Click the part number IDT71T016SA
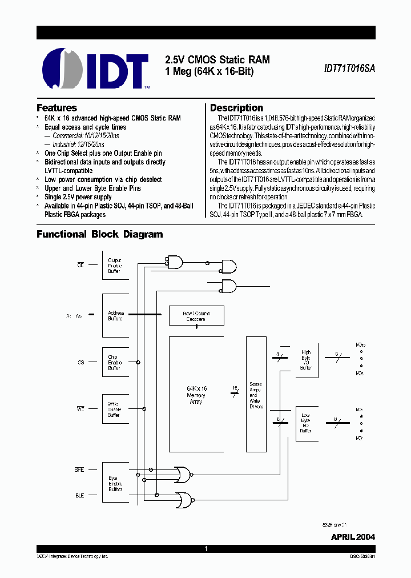(x=349, y=67)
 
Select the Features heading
(x=57, y=108)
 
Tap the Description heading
(x=236, y=108)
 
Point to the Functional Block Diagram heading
(x=99, y=234)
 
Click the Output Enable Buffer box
(x=115, y=266)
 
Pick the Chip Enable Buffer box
(x=115, y=363)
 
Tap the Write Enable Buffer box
(x=115, y=410)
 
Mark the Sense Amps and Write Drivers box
(x=256, y=394)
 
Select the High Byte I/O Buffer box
(x=306, y=360)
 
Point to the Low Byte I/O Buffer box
(x=306, y=423)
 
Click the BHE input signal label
(x=79, y=469)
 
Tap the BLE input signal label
(x=79, y=495)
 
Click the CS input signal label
(x=80, y=362)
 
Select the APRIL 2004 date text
(x=353, y=537)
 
